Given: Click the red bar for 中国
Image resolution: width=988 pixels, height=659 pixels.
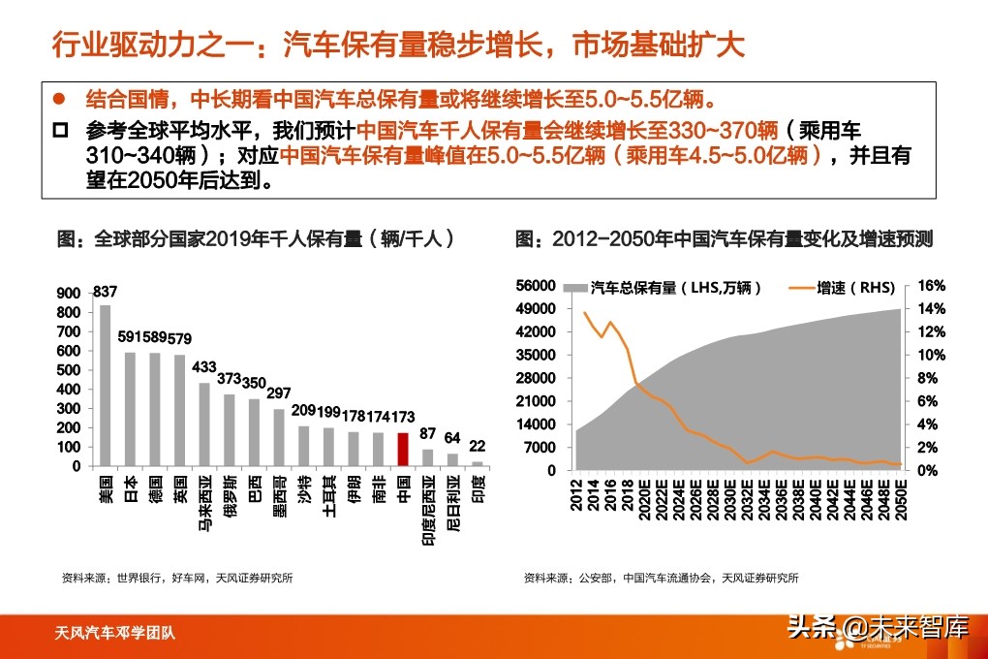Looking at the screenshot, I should coord(403,450).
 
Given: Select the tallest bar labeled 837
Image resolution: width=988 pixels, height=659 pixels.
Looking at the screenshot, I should coord(105,386).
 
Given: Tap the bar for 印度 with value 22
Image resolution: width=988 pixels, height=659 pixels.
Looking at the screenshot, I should coord(477,463).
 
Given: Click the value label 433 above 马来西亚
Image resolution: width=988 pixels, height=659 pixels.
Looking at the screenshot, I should coord(204,368).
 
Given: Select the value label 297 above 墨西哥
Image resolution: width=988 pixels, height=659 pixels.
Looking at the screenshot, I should coord(279,392).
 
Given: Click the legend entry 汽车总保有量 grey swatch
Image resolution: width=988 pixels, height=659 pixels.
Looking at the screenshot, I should coord(575,288).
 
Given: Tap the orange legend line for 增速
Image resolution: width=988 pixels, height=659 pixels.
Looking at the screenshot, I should coord(800,288).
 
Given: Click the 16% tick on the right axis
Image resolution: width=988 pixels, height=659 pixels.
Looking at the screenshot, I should coord(930,286).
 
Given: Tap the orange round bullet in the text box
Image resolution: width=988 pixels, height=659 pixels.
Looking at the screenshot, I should coord(59,99).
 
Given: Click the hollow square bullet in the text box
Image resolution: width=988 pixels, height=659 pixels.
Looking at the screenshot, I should coord(60,129).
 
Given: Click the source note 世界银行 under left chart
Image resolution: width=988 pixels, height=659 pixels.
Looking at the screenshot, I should coord(136,578).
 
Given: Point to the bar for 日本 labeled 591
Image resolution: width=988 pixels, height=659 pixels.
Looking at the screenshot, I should coord(130,409).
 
